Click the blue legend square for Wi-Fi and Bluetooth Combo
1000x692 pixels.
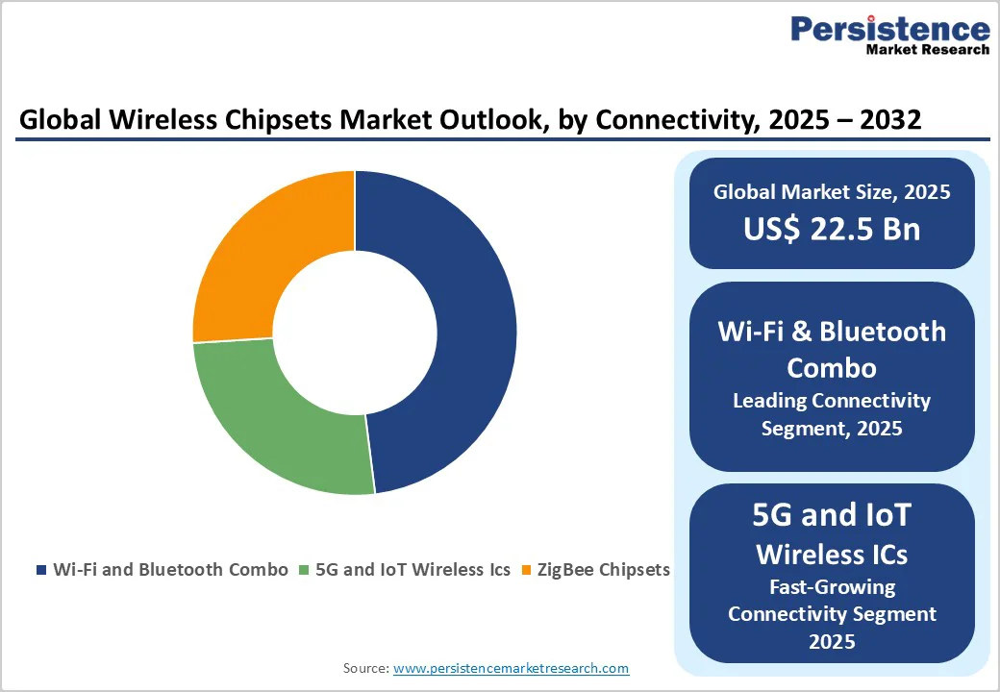(41, 570)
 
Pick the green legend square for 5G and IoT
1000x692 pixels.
(306, 570)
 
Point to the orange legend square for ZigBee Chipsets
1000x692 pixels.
(525, 570)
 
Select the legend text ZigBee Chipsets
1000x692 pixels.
(602, 569)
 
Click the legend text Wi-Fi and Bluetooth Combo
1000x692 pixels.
(170, 569)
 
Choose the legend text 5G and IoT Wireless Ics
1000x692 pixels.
(426, 569)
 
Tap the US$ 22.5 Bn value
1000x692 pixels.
(832, 229)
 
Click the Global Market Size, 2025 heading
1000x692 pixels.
(832, 192)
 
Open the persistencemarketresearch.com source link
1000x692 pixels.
(511, 668)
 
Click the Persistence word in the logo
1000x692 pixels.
(889, 29)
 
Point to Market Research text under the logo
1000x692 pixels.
(927, 49)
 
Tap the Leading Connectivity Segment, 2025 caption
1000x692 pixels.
(832, 414)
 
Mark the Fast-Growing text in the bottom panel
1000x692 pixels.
(832, 586)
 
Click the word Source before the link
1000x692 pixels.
(365, 668)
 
